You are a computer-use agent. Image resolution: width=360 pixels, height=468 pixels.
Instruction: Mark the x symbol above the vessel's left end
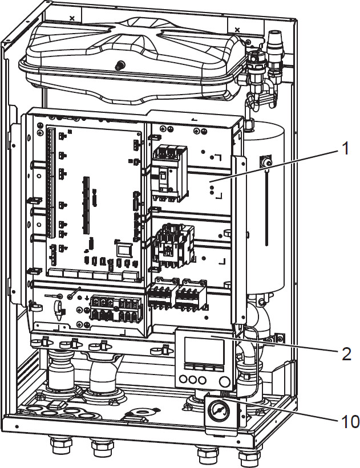click(71, 18)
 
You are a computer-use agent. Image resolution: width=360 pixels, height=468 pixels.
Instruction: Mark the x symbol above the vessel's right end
click(237, 29)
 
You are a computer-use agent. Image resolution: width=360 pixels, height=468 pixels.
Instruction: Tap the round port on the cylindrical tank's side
click(266, 161)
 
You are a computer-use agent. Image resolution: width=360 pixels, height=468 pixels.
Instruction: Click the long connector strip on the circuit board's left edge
click(48, 182)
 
